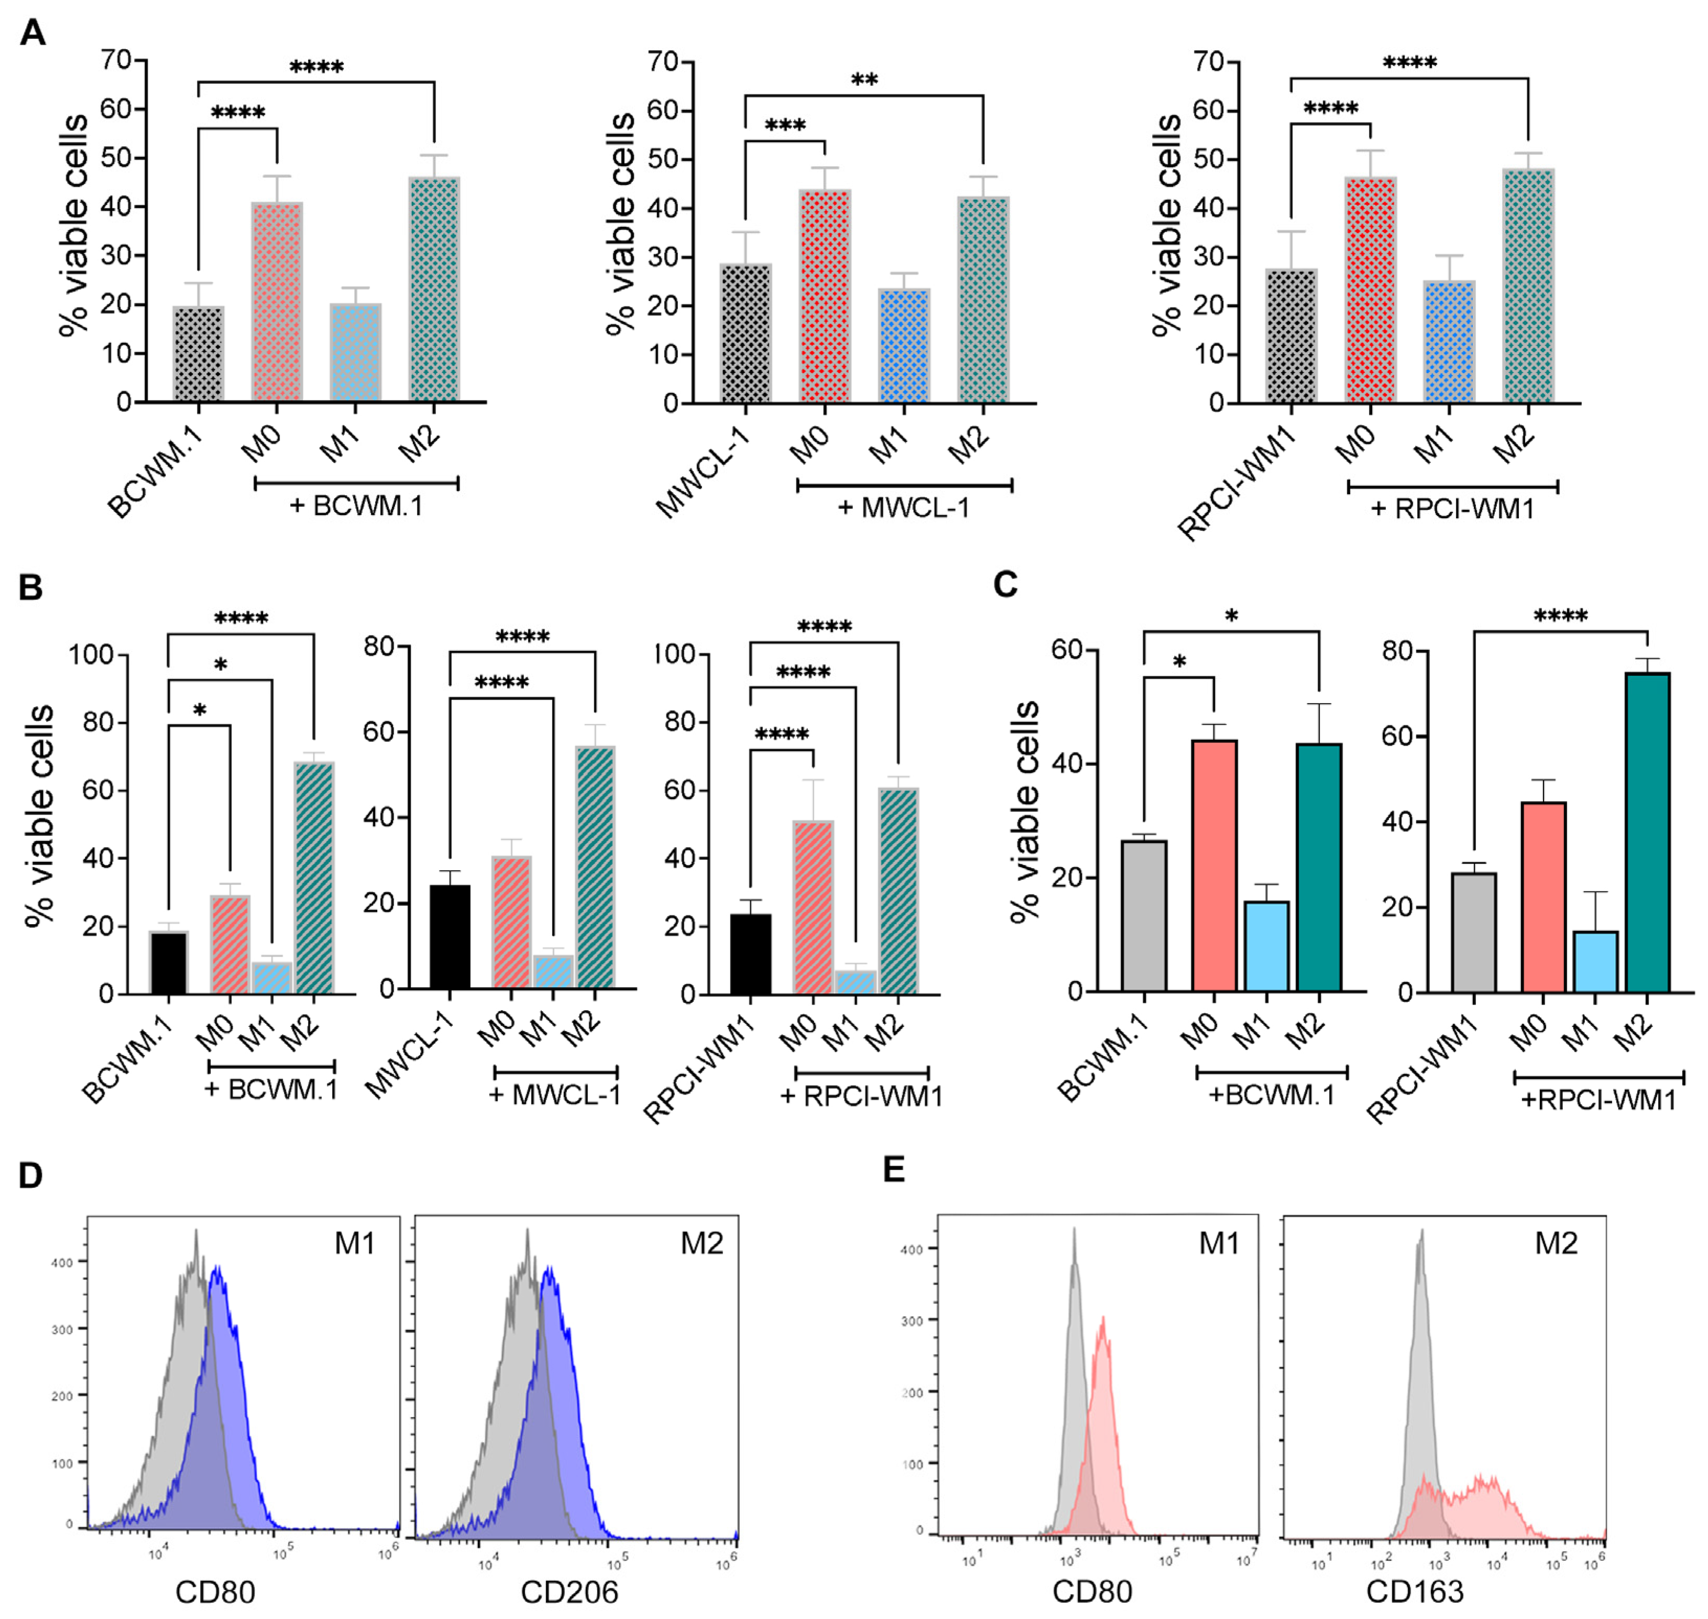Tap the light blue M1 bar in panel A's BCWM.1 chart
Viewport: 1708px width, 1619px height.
[355, 352]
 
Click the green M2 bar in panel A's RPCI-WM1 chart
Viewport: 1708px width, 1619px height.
[1528, 285]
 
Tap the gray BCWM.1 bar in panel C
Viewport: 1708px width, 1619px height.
[1144, 915]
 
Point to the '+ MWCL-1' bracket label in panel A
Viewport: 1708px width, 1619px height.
[904, 508]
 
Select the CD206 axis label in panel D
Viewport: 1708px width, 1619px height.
[570, 1592]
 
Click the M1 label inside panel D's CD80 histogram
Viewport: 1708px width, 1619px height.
[355, 1243]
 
